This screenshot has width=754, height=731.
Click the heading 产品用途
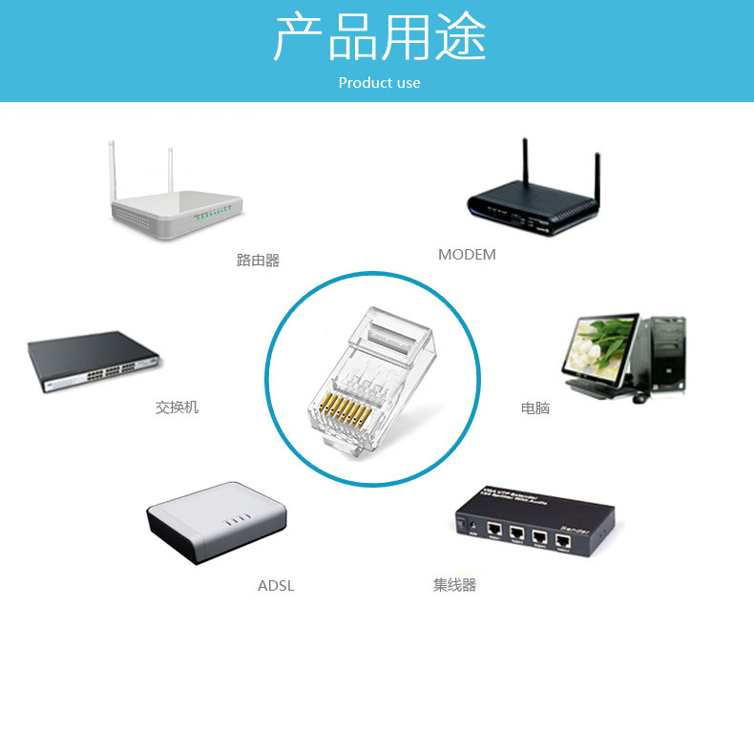point(379,39)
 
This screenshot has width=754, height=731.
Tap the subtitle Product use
point(379,83)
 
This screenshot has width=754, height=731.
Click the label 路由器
point(258,260)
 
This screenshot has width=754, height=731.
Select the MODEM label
point(467,255)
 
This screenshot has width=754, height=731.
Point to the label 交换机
point(177,407)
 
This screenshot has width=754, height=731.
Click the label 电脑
point(535,408)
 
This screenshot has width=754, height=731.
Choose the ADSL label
point(276,586)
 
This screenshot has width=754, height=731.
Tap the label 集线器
point(454,585)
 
